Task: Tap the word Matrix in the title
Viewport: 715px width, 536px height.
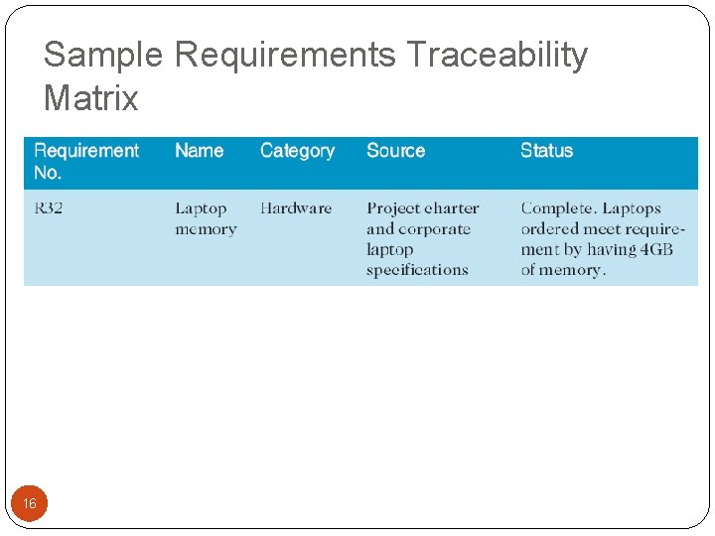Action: (91, 99)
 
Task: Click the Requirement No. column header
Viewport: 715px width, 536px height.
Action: (86, 161)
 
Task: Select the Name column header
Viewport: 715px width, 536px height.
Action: (199, 151)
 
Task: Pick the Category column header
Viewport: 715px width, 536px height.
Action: (297, 151)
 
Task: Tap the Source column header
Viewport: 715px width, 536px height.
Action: (395, 151)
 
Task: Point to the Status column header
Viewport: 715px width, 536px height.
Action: (546, 151)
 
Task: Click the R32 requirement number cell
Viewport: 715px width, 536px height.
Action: (49, 208)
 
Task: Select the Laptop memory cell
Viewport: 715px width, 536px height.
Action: (206, 218)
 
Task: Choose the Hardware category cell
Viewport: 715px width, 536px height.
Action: (296, 208)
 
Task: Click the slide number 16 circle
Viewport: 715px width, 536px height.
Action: (30, 503)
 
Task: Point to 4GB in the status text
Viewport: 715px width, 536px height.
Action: (655, 249)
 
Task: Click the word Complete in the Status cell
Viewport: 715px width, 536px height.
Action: (558, 208)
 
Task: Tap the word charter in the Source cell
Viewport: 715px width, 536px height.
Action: (451, 208)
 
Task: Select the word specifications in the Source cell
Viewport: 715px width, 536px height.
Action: (417, 270)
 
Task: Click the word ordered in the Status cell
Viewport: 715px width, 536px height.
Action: (548, 229)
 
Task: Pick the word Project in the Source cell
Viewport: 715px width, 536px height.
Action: (393, 208)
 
